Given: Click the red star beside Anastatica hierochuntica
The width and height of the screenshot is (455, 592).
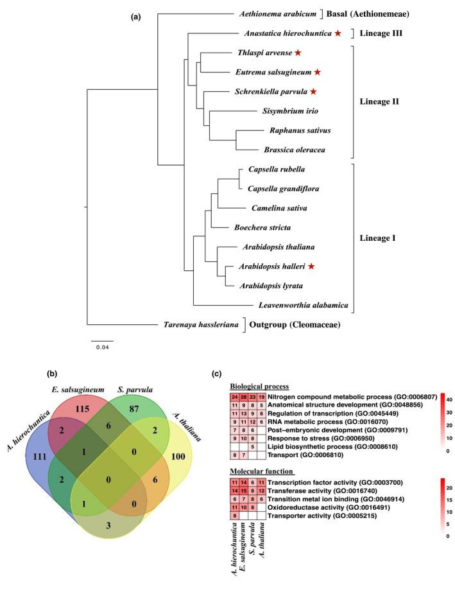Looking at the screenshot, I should (338, 33).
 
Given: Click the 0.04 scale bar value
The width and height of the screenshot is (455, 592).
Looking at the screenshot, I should (101, 348).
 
